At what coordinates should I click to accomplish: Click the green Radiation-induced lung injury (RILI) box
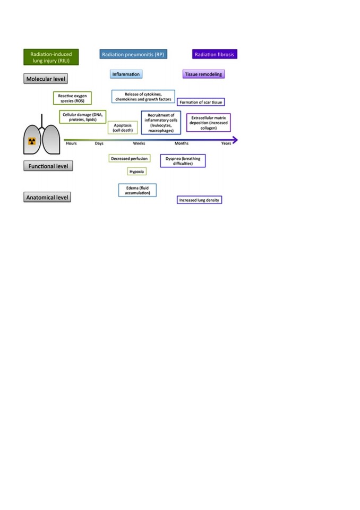tap(51, 57)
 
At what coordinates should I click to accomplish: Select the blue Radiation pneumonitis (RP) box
tap(133, 54)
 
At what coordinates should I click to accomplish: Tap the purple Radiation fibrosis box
tap(215, 54)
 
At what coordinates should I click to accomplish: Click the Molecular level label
tap(46, 79)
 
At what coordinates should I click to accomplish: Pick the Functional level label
tap(48, 166)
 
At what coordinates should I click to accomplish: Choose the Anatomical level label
tap(47, 197)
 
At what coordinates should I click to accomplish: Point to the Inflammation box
tap(126, 74)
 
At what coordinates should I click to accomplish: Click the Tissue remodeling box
tap(203, 74)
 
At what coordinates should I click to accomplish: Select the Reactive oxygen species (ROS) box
tap(73, 98)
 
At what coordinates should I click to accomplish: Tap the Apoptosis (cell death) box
tap(123, 127)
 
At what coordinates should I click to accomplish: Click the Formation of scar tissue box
tap(201, 102)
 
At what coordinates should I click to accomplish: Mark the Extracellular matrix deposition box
tap(209, 123)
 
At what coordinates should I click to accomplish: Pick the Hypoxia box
tap(136, 172)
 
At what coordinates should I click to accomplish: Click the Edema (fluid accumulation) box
tap(137, 190)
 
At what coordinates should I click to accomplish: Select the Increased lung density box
tap(199, 200)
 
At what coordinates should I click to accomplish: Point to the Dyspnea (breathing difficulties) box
tap(183, 160)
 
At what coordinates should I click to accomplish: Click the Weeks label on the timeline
tap(139, 143)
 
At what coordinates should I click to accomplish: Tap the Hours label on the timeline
tap(71, 143)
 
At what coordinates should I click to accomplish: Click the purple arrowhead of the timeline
tap(235, 140)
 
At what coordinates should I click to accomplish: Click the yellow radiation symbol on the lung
tap(32, 141)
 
